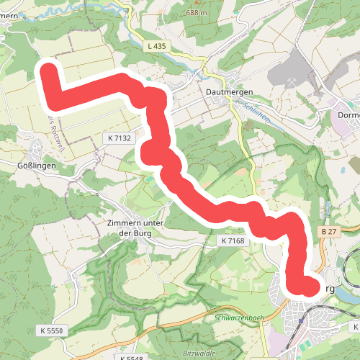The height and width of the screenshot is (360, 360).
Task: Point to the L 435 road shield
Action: tap(155, 46)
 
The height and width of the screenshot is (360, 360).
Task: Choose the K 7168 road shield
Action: tap(234, 240)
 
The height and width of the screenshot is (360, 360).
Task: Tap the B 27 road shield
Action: tap(330, 231)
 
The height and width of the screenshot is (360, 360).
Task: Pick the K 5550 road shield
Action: tap(52, 329)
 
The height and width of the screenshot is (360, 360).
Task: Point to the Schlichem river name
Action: tap(256, 112)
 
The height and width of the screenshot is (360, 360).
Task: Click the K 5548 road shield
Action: tap(132, 357)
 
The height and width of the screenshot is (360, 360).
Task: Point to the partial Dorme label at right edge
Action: tap(348, 114)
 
